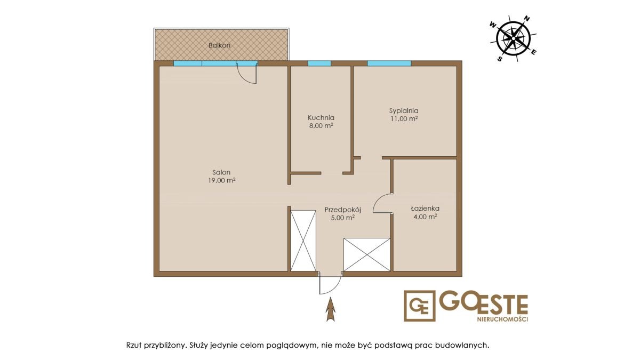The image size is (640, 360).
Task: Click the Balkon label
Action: (x=219, y=45)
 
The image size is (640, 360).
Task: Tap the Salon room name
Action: (x=221, y=172)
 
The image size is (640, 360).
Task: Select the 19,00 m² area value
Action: (x=222, y=180)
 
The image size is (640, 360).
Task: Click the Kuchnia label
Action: (x=321, y=117)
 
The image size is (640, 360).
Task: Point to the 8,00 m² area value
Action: (x=321, y=125)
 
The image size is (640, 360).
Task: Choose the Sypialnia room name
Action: (x=404, y=111)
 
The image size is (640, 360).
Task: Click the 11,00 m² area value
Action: (x=404, y=118)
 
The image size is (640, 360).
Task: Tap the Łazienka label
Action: (x=425, y=209)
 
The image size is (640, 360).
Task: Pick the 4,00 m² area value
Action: (x=425, y=217)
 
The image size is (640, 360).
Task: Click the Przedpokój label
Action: (x=342, y=210)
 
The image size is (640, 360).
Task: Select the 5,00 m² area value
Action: (x=343, y=218)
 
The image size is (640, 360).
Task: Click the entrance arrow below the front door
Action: (x=331, y=309)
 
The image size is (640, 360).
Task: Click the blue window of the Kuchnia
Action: (x=319, y=63)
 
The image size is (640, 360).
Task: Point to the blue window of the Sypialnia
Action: (x=389, y=63)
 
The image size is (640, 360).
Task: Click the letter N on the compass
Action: (x=527, y=19)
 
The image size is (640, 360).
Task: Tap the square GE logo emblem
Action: (x=419, y=306)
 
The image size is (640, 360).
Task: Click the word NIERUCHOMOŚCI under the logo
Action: (x=502, y=319)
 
